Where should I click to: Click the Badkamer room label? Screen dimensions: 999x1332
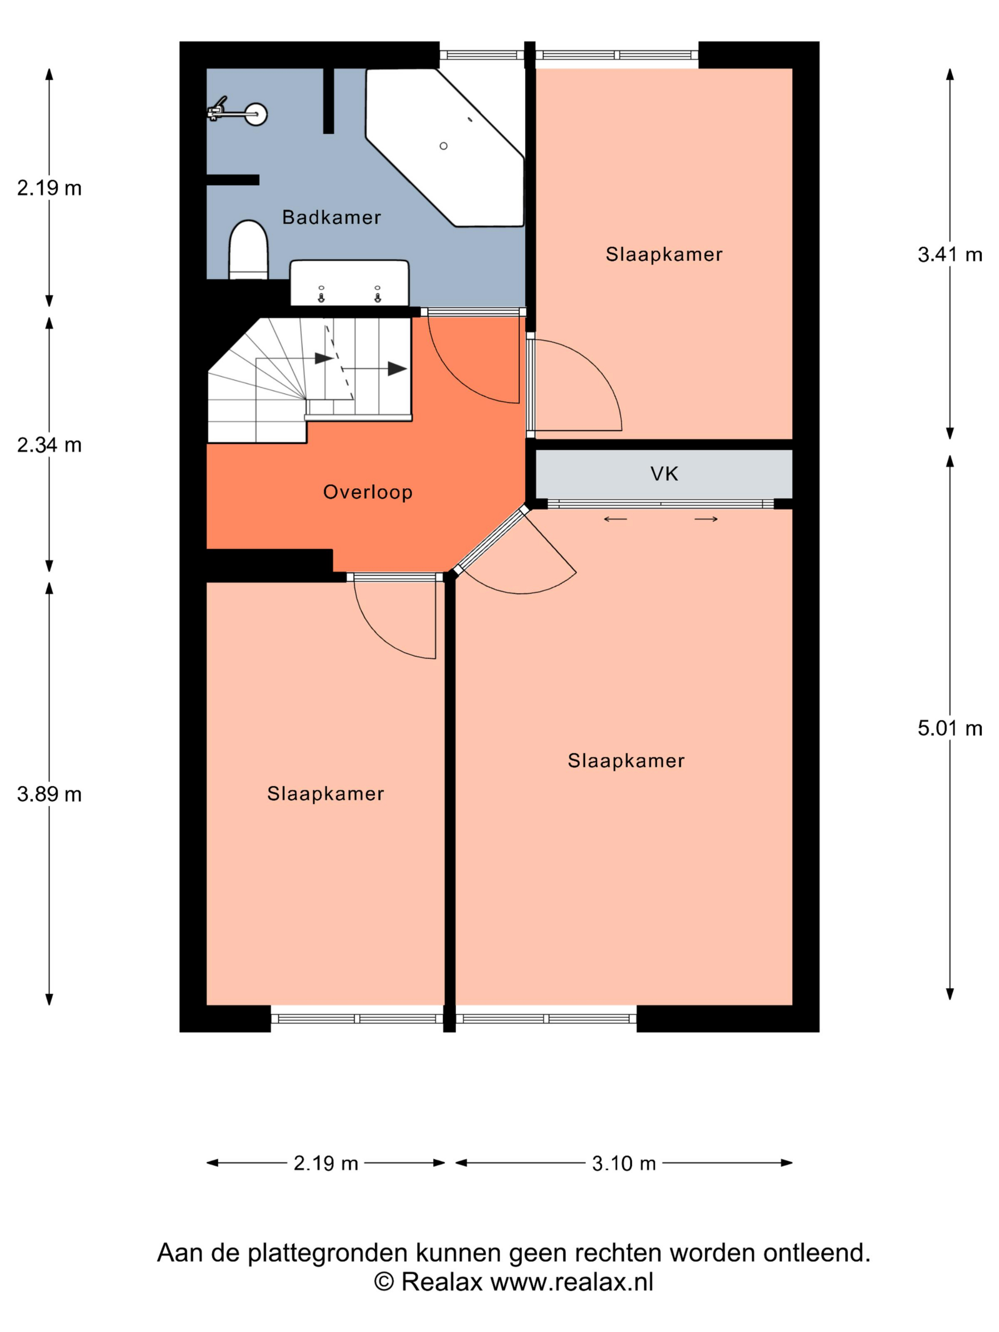click(x=331, y=217)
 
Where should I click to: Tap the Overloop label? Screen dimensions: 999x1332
click(x=368, y=492)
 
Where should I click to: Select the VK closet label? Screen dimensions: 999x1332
click(x=664, y=474)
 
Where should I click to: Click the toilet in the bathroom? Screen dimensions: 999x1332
click(x=248, y=249)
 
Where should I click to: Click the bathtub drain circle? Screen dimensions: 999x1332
click(x=443, y=146)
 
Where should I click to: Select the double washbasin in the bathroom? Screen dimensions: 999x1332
click(x=349, y=283)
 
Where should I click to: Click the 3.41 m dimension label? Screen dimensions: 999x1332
click(x=950, y=255)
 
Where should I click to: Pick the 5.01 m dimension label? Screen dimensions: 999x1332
click(x=950, y=729)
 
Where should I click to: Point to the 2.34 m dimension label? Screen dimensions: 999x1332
click(x=49, y=445)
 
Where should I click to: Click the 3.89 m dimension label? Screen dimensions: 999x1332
click(x=49, y=794)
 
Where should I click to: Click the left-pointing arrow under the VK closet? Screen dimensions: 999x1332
click(x=616, y=519)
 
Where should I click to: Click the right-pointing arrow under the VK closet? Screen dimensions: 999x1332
click(x=706, y=519)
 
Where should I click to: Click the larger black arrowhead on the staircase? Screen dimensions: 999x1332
click(x=397, y=369)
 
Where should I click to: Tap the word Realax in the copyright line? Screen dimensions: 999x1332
click(x=441, y=1282)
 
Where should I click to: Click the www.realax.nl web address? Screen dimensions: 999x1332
click(x=571, y=1282)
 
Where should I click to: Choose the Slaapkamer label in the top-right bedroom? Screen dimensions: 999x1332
click(x=664, y=254)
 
